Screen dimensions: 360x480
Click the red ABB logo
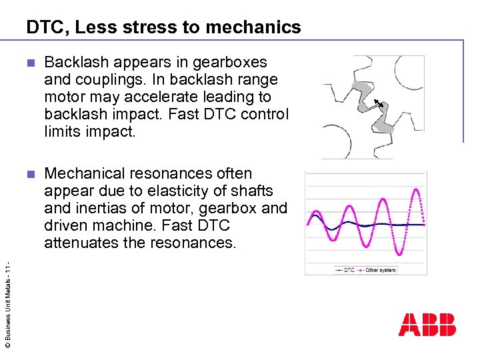427,325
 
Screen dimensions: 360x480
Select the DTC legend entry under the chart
345,270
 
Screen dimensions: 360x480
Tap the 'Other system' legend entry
378,270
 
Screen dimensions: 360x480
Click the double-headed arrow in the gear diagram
378,103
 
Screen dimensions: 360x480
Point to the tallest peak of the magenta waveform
417,190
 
